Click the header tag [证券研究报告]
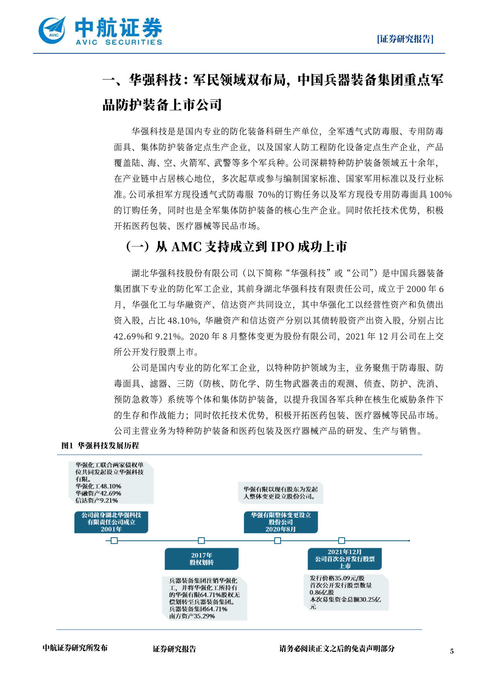click(405, 39)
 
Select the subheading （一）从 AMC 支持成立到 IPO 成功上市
click(236, 247)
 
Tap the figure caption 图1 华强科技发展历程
click(100, 445)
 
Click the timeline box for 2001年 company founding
click(111, 522)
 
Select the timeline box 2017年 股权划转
click(201, 559)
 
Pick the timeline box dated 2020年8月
click(281, 522)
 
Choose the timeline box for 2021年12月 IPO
click(345, 559)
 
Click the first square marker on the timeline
click(114, 541)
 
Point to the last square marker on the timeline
click(342, 541)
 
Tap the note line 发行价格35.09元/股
click(337, 578)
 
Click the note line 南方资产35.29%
click(192, 616)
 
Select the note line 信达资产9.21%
click(97, 500)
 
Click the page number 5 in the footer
click(452, 651)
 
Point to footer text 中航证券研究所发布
click(75, 648)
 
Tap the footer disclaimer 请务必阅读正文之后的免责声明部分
click(337, 648)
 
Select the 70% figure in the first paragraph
click(266, 195)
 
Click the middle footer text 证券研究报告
click(174, 649)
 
